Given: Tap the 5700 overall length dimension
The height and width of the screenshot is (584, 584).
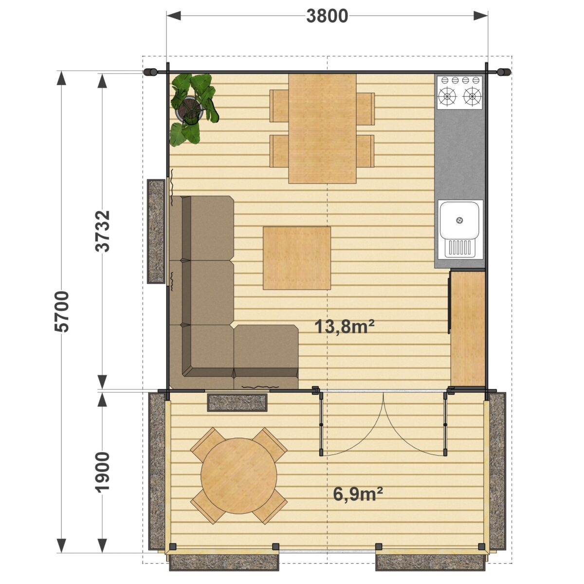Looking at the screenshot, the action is pyautogui.click(x=62, y=311).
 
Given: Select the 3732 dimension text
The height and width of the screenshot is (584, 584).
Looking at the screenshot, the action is pyautogui.click(x=102, y=231).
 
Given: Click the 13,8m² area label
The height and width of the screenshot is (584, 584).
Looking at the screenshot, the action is pyautogui.click(x=345, y=327).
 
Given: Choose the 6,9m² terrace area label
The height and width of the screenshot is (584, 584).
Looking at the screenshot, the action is pyautogui.click(x=358, y=494).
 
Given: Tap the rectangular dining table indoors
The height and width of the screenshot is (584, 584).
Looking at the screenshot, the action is pyautogui.click(x=322, y=128).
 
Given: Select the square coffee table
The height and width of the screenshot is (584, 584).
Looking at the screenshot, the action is pyautogui.click(x=297, y=258).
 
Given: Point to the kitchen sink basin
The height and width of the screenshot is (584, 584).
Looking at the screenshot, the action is pyautogui.click(x=459, y=220).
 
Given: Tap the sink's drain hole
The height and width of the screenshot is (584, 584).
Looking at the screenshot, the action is pyautogui.click(x=459, y=220).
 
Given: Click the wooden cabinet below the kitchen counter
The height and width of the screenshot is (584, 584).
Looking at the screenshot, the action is pyautogui.click(x=468, y=329).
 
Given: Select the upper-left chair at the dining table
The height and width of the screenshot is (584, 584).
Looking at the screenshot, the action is pyautogui.click(x=279, y=106).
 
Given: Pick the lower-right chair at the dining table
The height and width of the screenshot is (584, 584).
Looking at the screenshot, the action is pyautogui.click(x=365, y=151).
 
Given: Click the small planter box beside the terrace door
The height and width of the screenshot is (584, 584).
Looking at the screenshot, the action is pyautogui.click(x=237, y=403).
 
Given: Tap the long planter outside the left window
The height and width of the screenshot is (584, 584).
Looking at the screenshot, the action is pyautogui.click(x=156, y=231).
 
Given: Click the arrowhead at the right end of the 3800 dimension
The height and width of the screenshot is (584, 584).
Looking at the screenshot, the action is pyautogui.click(x=481, y=16).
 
